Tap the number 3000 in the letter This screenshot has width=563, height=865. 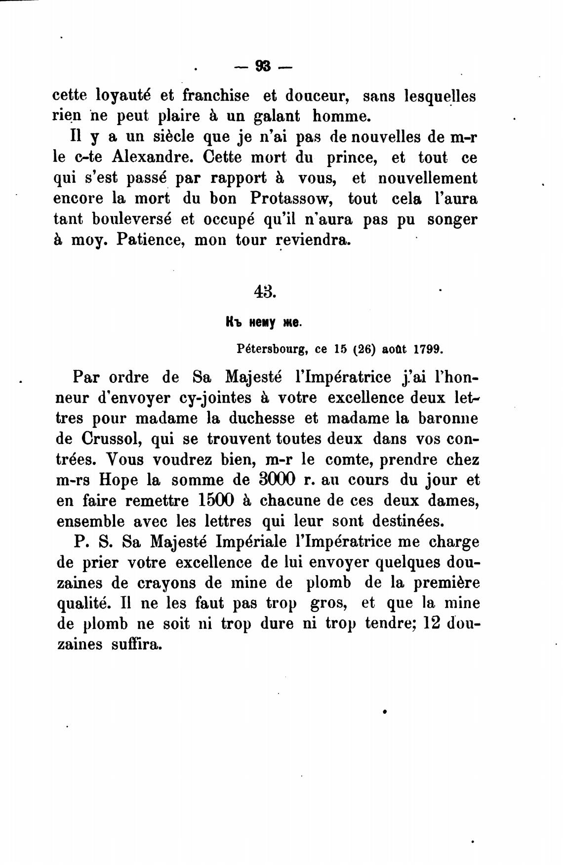277,480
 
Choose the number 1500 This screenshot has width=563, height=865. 215,500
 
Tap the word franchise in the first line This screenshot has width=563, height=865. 216,95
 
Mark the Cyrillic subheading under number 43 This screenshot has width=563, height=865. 263,323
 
